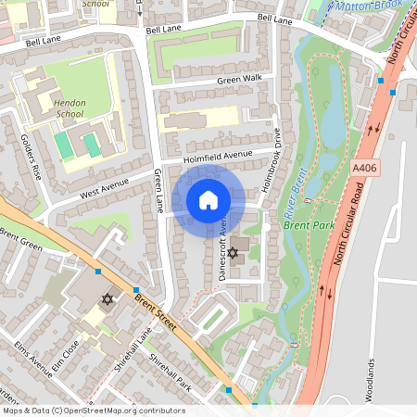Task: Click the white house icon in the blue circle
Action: (x=208, y=200)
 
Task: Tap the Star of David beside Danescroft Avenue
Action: (x=234, y=252)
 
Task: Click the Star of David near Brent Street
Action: (x=107, y=299)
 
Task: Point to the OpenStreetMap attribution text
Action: (x=93, y=411)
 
